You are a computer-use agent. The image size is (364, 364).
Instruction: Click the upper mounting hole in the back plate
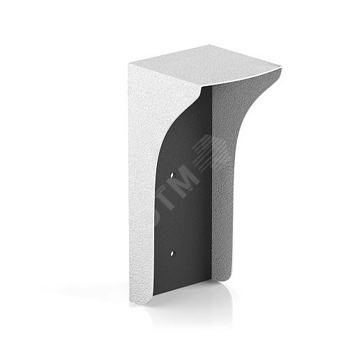[172, 175]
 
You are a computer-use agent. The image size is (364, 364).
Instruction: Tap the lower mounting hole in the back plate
[172, 254]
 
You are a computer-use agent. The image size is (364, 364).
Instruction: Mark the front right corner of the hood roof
[282, 67]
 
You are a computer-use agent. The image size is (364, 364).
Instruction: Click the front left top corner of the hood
[129, 63]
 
